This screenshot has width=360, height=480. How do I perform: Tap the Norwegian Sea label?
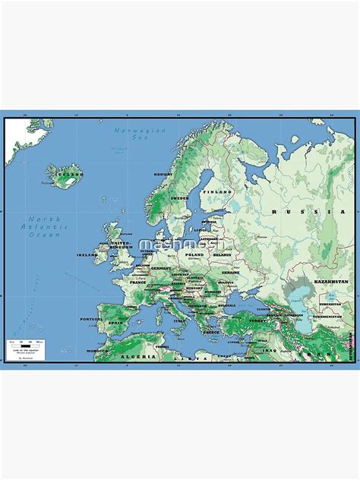(x=129, y=134)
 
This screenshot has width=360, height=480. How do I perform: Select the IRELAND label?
(x=87, y=255)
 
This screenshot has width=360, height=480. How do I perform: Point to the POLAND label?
(x=195, y=255)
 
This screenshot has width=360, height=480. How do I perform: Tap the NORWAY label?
(x=164, y=174)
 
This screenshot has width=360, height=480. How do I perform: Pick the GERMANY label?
(x=161, y=268)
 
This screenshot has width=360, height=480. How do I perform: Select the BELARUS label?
(x=222, y=256)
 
